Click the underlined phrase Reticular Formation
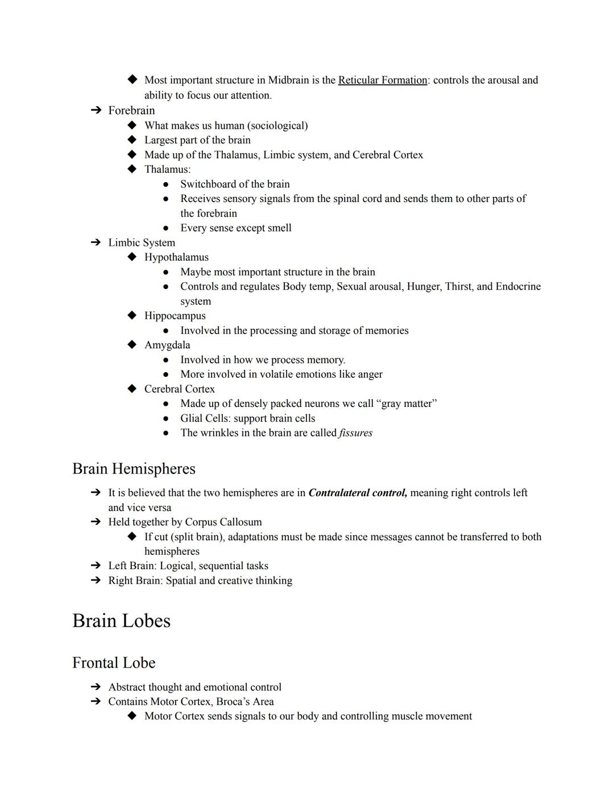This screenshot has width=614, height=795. tap(383, 80)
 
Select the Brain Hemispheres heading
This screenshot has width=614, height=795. tap(134, 469)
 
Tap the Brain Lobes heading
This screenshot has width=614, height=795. tap(121, 621)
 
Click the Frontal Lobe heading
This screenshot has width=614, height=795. tap(114, 663)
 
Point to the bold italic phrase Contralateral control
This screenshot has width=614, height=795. tap(358, 493)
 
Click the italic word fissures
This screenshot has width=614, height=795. tap(356, 433)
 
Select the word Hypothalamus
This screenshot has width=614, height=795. tap(176, 257)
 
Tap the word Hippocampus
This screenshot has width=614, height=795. tap(175, 316)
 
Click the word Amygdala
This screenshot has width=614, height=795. tap(167, 345)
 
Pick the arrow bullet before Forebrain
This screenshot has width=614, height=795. tap(96, 110)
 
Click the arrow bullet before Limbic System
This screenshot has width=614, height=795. tap(96, 242)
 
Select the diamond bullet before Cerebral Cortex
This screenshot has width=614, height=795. tap(132, 389)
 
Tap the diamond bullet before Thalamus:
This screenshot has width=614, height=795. tap(132, 169)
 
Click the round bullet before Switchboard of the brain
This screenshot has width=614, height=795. tap(165, 184)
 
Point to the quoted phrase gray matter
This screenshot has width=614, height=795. tap(406, 403)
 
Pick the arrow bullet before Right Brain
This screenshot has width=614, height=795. tap(96, 580)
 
